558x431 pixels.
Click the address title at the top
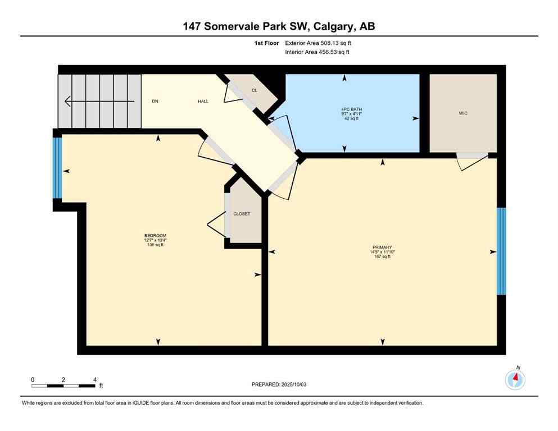point(279,26)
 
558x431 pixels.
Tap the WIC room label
point(463,113)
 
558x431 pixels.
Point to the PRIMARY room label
point(382,247)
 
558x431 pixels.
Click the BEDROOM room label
point(155,236)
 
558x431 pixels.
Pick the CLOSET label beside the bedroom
point(242,214)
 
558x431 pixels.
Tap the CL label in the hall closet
point(255,90)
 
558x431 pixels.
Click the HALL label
point(203,102)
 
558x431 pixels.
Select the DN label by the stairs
point(155,102)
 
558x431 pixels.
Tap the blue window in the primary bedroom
point(501,251)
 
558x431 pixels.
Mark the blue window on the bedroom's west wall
point(57,168)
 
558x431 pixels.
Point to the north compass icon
point(515,380)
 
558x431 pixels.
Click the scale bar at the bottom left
point(63,386)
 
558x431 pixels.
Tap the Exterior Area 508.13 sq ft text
point(320,43)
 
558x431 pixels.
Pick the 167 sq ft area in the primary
point(382,257)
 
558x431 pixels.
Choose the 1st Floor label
point(267,43)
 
